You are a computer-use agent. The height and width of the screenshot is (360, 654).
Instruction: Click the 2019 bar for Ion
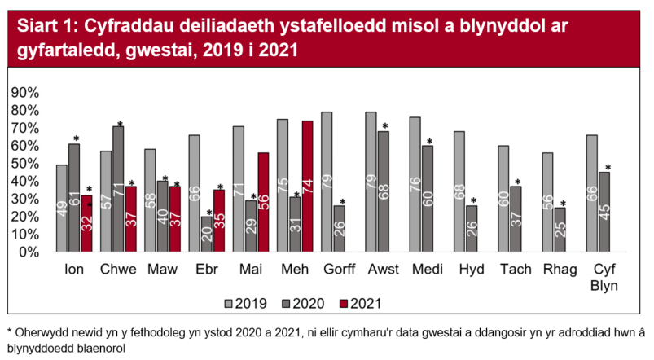62,209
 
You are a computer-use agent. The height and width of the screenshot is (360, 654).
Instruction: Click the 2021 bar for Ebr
219,221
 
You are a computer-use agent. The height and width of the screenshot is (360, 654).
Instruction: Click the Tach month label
516,270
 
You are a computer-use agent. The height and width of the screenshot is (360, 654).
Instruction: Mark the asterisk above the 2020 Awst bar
384,126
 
